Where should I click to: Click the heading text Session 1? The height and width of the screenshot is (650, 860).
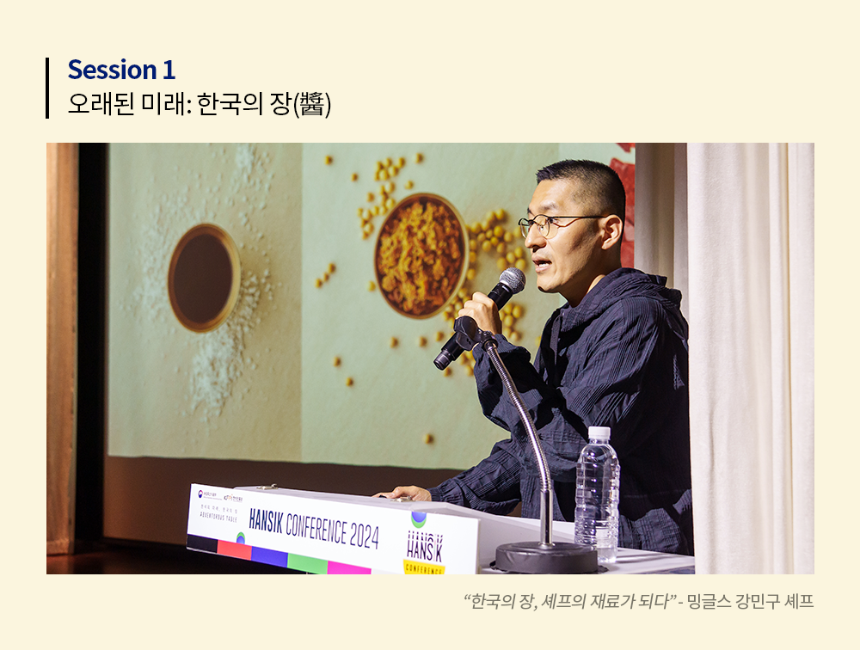[121, 70]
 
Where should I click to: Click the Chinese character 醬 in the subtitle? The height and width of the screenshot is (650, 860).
[312, 104]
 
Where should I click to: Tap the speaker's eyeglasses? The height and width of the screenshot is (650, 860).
[550, 224]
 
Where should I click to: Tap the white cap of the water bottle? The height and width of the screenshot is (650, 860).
[599, 434]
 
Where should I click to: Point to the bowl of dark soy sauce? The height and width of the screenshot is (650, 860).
[204, 277]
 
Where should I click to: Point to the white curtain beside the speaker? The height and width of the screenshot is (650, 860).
[748, 344]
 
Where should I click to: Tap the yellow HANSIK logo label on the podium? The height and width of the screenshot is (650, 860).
[424, 566]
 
